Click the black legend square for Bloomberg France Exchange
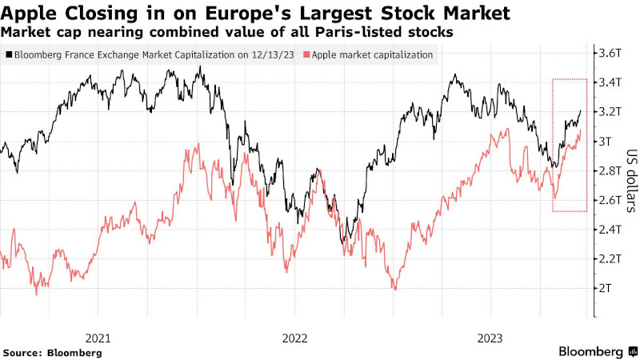click(8, 54)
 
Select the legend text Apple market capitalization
click(370, 54)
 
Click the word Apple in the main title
click(30, 13)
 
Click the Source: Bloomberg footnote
click(53, 352)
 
